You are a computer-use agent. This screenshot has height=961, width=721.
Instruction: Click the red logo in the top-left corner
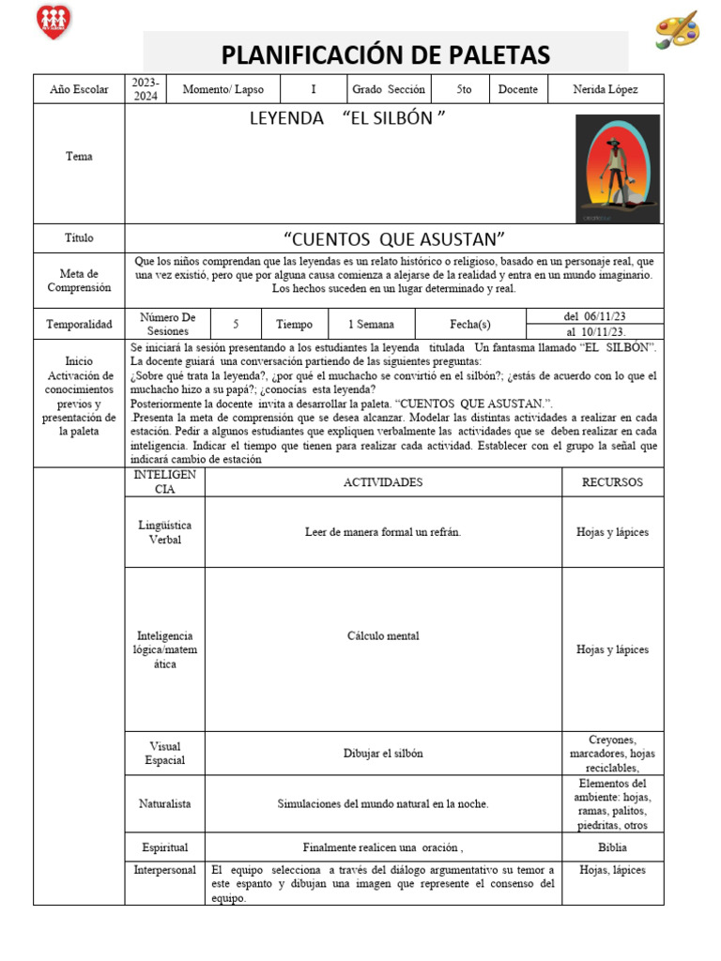point(54,21)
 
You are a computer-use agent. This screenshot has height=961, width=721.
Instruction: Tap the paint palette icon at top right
point(676,28)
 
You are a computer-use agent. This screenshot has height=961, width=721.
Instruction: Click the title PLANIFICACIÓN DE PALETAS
point(386,54)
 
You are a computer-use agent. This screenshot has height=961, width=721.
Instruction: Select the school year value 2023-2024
point(146,89)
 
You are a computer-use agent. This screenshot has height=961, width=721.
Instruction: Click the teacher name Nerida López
point(605,89)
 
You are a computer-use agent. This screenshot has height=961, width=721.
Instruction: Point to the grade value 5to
point(464,89)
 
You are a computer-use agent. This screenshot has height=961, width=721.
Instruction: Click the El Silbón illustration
point(617,169)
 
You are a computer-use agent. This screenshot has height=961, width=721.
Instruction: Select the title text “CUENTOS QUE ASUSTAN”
point(394,238)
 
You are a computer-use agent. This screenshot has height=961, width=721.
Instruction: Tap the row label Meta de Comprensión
point(79,281)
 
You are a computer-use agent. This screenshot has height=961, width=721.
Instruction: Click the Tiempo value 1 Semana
point(371,324)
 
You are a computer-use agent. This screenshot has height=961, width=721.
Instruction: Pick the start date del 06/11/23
point(595,316)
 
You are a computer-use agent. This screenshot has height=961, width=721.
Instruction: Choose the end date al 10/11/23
point(595,332)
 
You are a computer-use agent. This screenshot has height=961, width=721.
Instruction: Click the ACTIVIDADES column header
point(383,482)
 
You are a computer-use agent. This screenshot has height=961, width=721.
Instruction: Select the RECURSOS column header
point(612,482)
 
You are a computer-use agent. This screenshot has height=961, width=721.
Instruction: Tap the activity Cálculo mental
point(383,635)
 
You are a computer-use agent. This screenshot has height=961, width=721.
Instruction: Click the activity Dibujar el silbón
point(383,753)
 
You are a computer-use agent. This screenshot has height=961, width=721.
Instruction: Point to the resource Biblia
point(612,847)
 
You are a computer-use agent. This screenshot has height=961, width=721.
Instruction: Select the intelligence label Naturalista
point(164,803)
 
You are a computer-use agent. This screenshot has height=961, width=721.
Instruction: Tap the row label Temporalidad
point(79,325)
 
